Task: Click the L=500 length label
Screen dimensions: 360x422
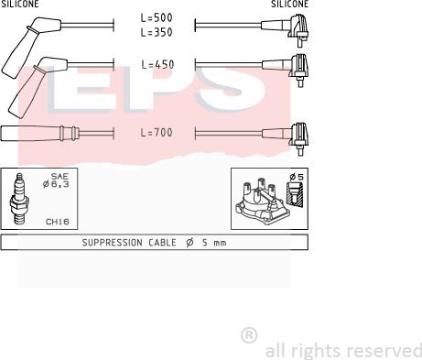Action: (157, 17)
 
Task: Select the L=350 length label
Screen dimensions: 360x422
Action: (157, 31)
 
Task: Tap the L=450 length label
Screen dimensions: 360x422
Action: (157, 65)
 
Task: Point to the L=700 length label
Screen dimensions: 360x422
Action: (157, 133)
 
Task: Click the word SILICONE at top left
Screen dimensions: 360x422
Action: (19, 5)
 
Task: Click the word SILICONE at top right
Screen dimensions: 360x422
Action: (289, 5)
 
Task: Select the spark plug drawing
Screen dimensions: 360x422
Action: (18, 200)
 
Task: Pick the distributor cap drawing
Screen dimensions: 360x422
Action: (259, 201)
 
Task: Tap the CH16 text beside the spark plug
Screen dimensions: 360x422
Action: (58, 221)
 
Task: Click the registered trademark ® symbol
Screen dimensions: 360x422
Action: (248, 336)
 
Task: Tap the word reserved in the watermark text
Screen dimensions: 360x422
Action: (388, 351)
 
